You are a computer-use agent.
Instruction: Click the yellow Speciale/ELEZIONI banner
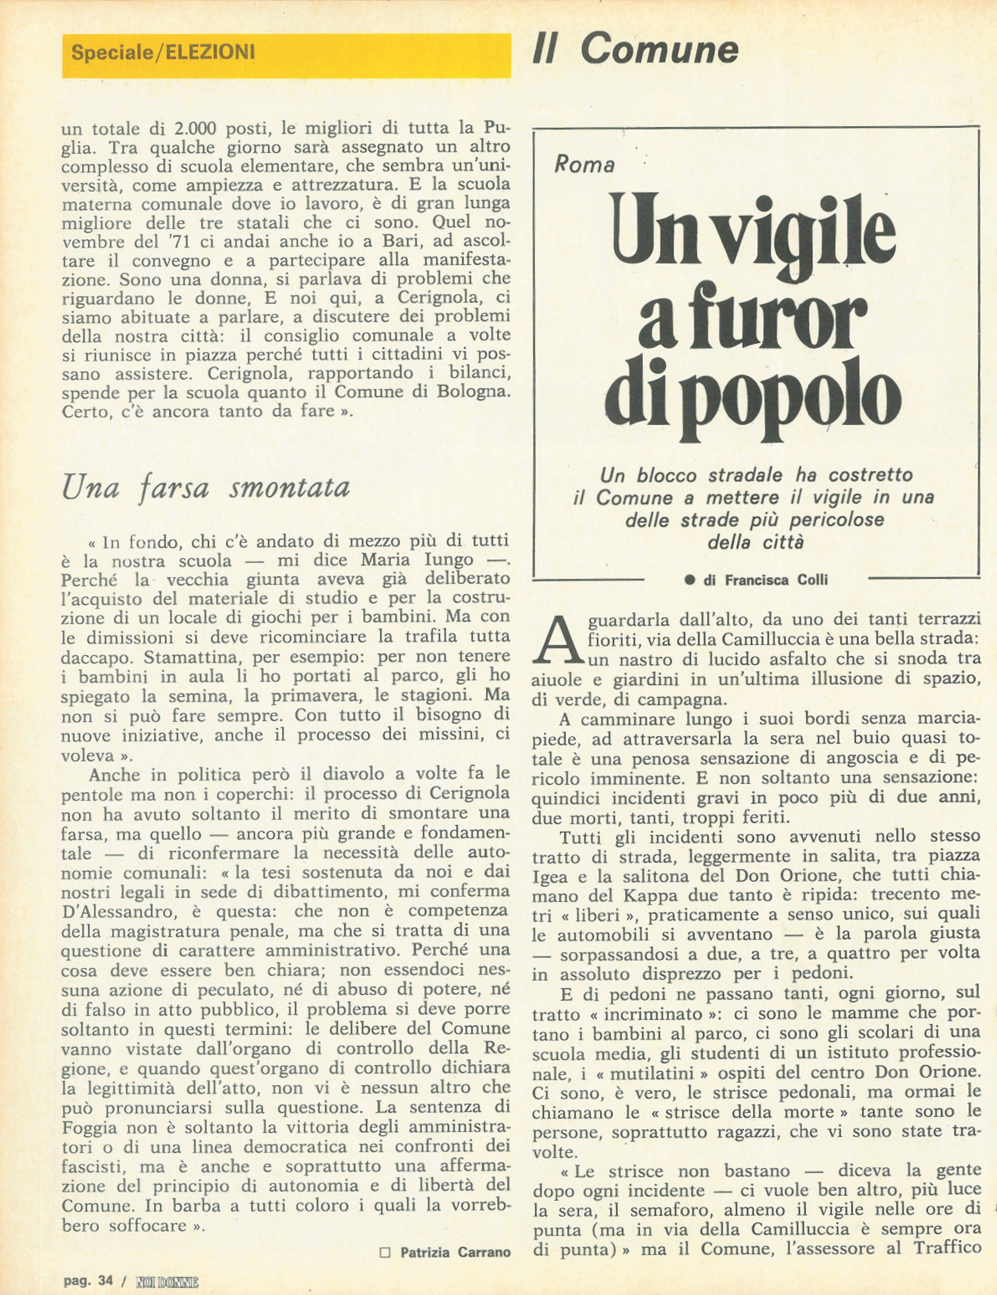286,55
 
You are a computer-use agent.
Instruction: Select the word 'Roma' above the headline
584,164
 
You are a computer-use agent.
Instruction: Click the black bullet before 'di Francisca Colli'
689,580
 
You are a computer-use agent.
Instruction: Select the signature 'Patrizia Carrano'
455,1252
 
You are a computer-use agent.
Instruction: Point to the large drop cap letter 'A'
557,640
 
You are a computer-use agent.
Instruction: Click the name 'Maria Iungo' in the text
417,560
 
